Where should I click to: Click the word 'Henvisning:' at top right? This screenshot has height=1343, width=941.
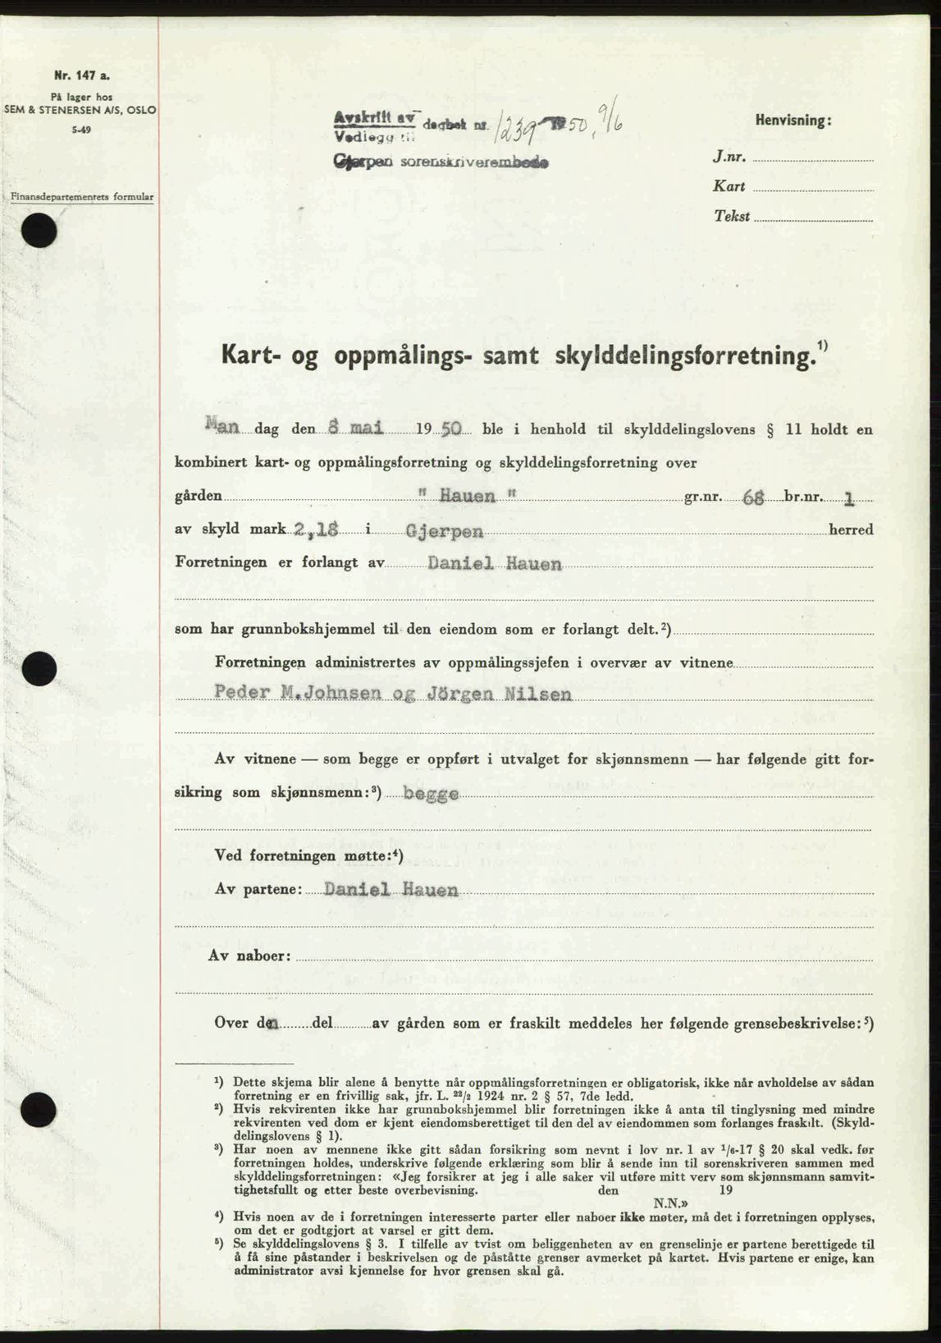[x=793, y=121]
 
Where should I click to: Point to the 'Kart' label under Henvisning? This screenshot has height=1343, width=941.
[x=729, y=186]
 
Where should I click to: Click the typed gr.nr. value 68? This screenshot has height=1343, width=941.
[x=753, y=497]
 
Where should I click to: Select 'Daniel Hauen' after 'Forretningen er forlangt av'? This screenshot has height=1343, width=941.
[x=495, y=564]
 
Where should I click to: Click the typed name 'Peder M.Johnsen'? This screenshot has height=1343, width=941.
[x=298, y=694]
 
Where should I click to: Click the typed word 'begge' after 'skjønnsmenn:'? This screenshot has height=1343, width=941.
[x=424, y=795]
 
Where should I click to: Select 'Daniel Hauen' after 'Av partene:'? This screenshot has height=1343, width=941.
[x=391, y=890]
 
